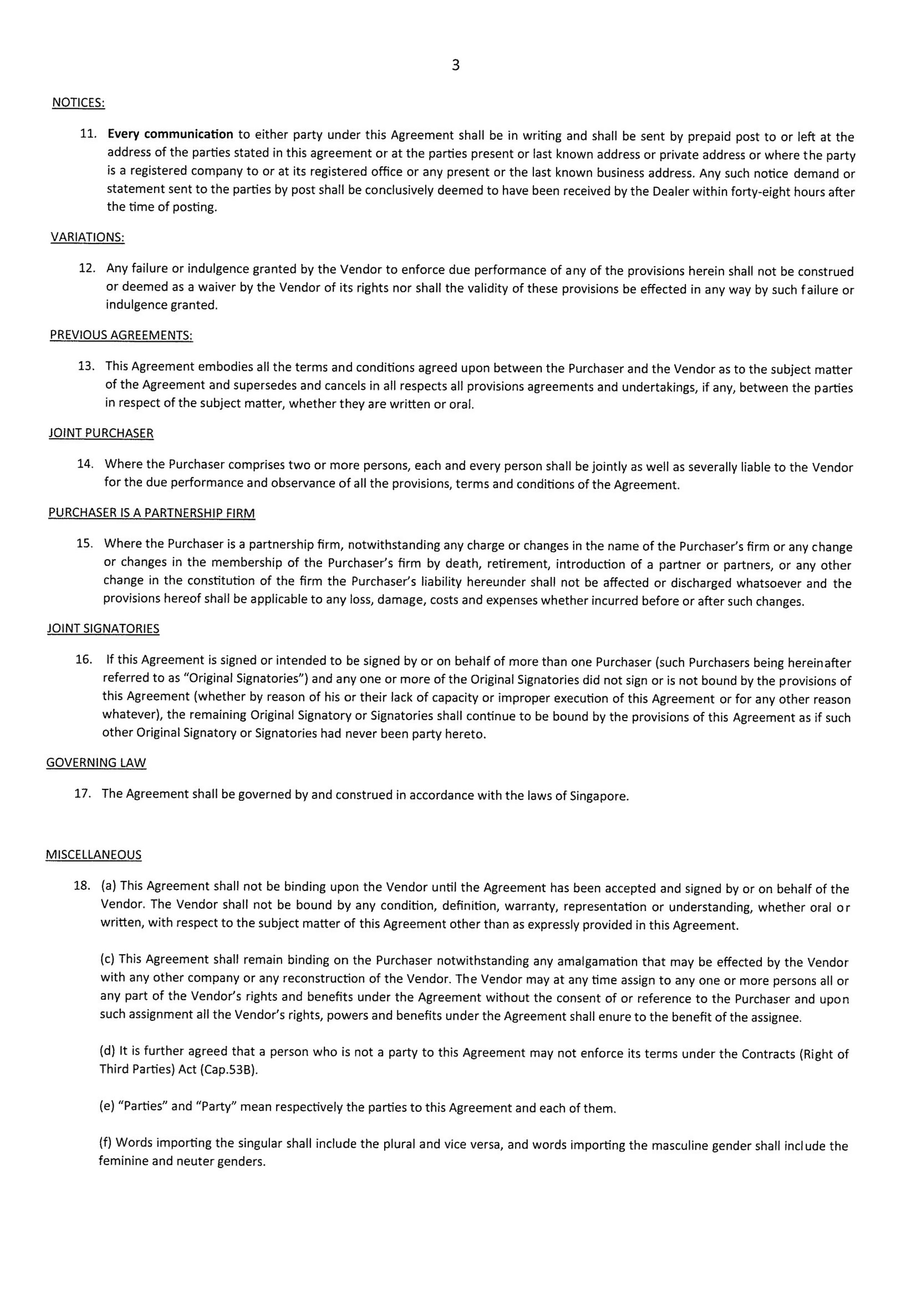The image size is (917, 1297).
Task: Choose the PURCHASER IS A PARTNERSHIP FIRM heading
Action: (x=151, y=513)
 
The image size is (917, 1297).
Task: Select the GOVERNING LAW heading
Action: (x=96, y=763)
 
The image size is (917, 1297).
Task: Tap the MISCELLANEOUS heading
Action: (x=94, y=855)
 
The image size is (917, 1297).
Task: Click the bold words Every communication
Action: (x=170, y=135)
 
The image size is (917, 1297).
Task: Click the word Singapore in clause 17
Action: (x=598, y=797)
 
